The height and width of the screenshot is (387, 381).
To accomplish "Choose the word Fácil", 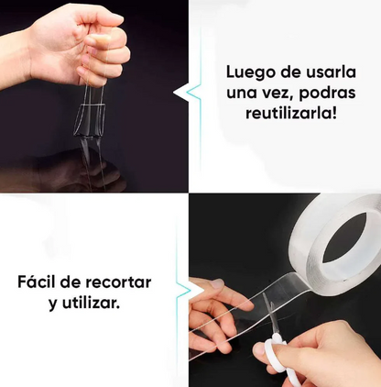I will tap(39, 281).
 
